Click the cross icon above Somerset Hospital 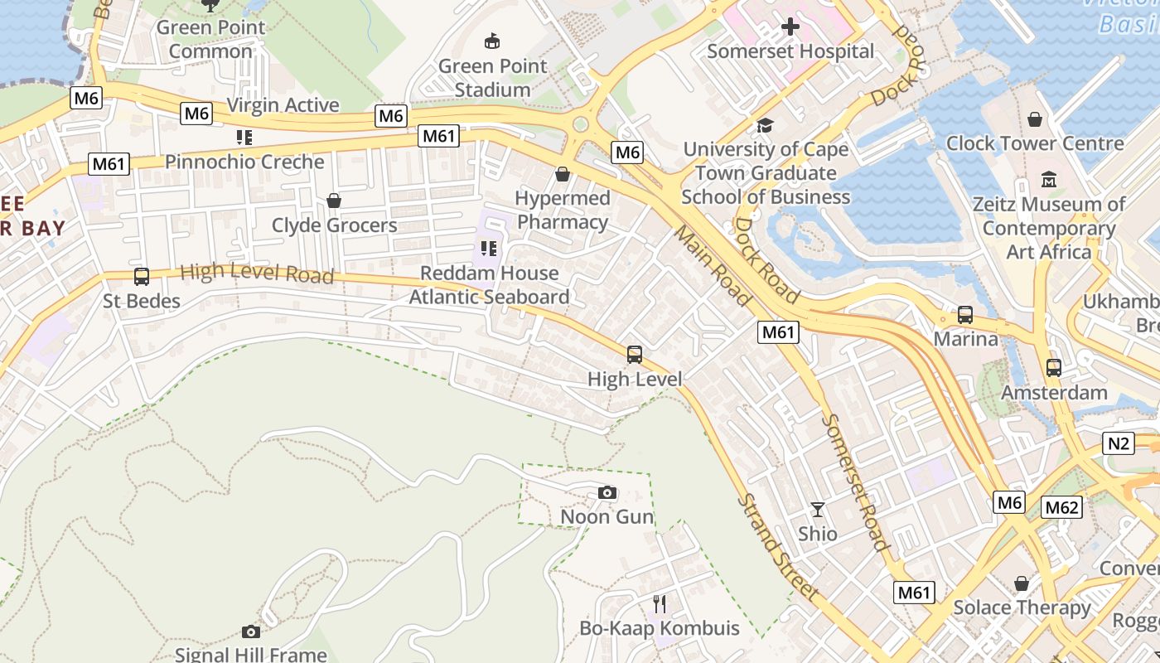click(790, 27)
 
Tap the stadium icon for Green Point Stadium click(492, 41)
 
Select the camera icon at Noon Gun click(607, 493)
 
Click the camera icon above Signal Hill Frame click(251, 632)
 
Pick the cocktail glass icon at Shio click(818, 510)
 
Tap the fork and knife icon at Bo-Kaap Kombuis click(660, 603)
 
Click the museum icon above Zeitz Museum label click(1049, 179)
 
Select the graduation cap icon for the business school click(765, 125)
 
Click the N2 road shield click(1119, 443)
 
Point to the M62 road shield click(1061, 507)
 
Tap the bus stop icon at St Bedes click(142, 277)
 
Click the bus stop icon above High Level click(635, 355)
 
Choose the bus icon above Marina click(965, 315)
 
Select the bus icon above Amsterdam click(1053, 368)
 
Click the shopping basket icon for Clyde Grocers click(334, 201)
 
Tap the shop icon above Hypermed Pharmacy click(563, 174)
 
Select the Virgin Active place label click(283, 105)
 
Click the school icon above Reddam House click(489, 248)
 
